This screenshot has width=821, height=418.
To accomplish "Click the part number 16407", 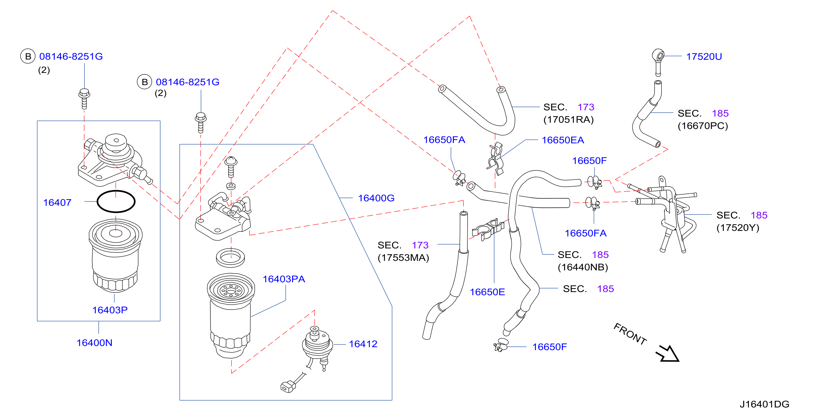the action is tap(57, 203).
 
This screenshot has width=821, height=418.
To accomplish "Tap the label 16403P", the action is tap(110, 310).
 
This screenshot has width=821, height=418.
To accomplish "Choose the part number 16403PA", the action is tap(284, 279).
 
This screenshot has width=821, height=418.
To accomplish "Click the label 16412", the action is tap(363, 344).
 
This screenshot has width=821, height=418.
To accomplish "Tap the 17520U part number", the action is tap(704, 56).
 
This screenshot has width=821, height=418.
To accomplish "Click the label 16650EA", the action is tap(563, 140).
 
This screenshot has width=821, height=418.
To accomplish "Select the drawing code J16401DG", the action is tap(764, 404).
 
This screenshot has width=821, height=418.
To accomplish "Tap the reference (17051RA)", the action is tap(568, 120).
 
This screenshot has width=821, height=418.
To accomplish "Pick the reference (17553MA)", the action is tap(403, 257).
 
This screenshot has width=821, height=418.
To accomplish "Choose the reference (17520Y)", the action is tap(738, 228).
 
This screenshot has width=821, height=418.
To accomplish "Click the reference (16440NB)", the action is tap(583, 267).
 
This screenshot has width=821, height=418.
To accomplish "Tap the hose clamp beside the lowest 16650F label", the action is tap(500, 345).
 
